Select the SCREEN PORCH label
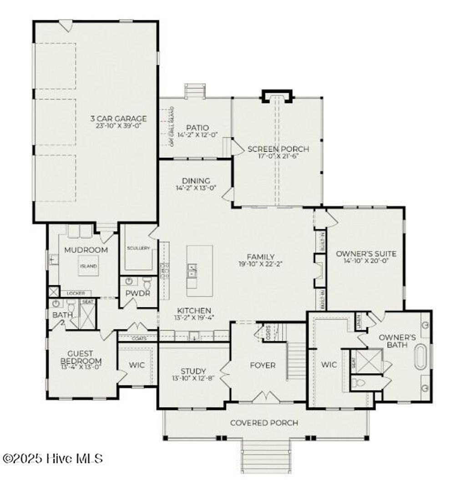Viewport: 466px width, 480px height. pyautogui.click(x=278, y=149)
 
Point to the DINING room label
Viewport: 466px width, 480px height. pyautogui.click(x=196, y=181)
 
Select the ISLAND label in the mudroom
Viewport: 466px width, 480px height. pyautogui.click(x=88, y=266)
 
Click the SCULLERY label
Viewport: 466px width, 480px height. pyautogui.click(x=138, y=248)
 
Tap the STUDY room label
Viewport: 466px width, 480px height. pyautogui.click(x=193, y=371)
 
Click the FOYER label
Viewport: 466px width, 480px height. pyautogui.click(x=263, y=365)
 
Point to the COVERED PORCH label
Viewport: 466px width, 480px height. pyautogui.click(x=264, y=423)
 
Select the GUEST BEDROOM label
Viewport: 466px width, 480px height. pyautogui.click(x=80, y=357)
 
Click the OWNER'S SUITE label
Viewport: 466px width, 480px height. pyautogui.click(x=366, y=254)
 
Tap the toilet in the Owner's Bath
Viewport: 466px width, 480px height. pyautogui.click(x=360, y=383)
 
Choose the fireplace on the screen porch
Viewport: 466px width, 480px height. pyautogui.click(x=277, y=96)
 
